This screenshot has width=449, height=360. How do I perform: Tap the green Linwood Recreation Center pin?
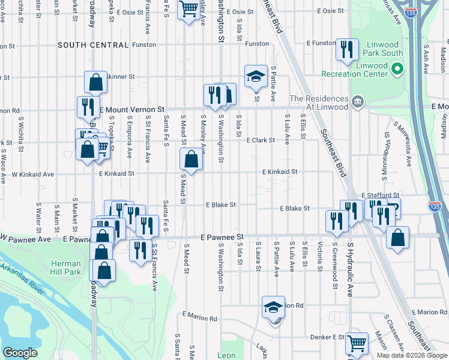[x=396, y=70]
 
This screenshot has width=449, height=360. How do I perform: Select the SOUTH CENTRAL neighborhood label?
[x=93, y=45]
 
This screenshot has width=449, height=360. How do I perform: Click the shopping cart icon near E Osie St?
[x=188, y=9]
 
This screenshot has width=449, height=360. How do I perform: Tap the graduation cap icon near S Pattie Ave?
[x=256, y=76]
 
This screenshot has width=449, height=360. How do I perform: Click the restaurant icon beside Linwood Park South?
[x=346, y=50]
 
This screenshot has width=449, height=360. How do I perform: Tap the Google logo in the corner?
[x=20, y=353]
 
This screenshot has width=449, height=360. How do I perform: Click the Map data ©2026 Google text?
[x=412, y=355]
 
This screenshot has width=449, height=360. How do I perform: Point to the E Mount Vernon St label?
[x=132, y=110]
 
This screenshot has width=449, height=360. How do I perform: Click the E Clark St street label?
[x=261, y=140]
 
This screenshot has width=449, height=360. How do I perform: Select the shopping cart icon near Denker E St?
[x=357, y=343]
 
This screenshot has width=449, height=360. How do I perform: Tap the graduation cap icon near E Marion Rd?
[x=273, y=307]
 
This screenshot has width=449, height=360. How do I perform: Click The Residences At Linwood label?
[x=319, y=103]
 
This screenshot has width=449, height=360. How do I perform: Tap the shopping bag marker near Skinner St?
[x=95, y=82]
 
